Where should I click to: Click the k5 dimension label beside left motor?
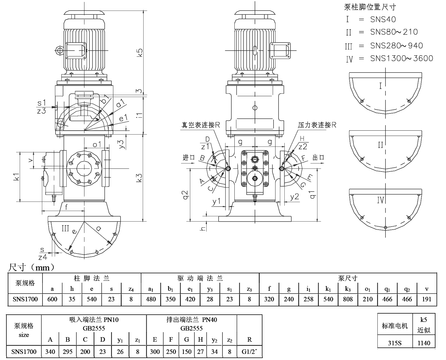[x=141, y=53]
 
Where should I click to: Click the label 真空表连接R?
[x=201, y=125]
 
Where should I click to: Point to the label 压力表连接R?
[x=317, y=125]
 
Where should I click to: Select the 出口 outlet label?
[x=318, y=158]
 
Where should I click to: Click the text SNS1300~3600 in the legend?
[x=402, y=58]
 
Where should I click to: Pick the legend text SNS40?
[x=383, y=19]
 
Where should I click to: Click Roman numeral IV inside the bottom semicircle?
[x=381, y=200]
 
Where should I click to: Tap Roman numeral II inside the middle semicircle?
[x=380, y=145]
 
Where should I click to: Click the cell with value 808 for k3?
[x=348, y=299]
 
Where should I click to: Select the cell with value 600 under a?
[x=52, y=299]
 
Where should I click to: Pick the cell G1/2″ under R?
[x=249, y=352]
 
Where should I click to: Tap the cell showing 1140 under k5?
[x=424, y=343]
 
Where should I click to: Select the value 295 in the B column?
[x=67, y=352]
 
